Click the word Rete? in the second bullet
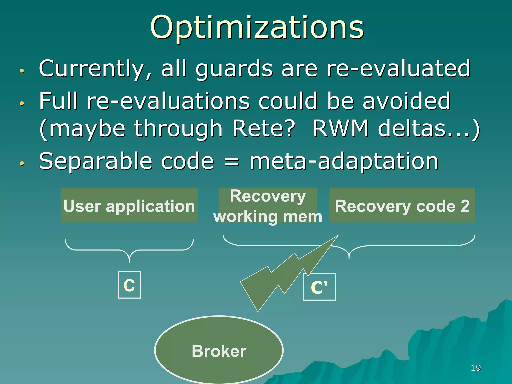tap(263, 129)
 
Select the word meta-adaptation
tap(344, 161)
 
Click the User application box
tap(129, 205)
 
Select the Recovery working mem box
tap(268, 205)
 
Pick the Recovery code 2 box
tap(402, 205)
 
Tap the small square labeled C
tap(129, 285)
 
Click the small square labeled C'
tap(319, 287)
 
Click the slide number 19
tap(475, 368)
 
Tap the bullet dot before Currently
tap(22, 71)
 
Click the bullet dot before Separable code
tap(22, 164)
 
